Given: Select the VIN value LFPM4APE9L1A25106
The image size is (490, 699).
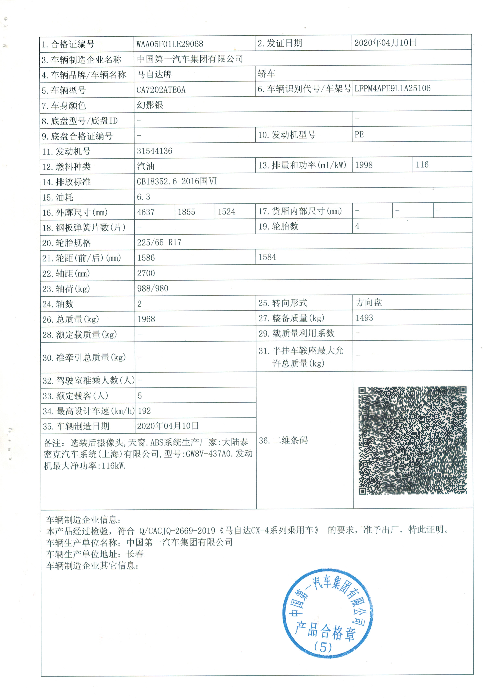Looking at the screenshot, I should click(392, 88).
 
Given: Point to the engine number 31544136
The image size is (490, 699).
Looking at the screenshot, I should click(154, 151).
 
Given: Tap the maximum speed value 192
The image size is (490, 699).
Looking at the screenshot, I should click(144, 411).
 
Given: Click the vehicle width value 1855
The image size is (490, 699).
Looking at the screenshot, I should click(186, 212).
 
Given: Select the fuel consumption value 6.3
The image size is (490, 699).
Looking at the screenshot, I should click(143, 197).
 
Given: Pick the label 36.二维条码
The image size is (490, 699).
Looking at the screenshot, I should click(283, 440).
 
